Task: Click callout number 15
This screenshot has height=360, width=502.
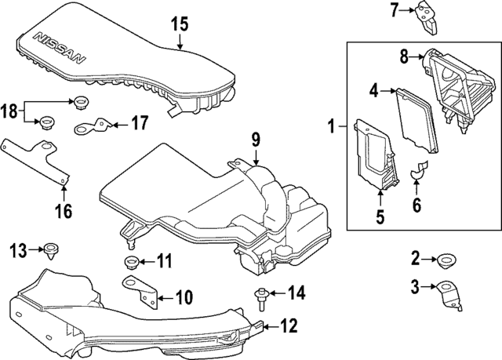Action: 180,24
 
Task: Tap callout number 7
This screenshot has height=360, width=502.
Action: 395,9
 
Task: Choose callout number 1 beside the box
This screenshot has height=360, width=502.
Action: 332,125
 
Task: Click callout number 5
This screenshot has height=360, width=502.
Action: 380,217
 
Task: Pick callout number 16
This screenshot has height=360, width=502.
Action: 63,211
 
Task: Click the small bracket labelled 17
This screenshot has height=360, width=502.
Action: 95,125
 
